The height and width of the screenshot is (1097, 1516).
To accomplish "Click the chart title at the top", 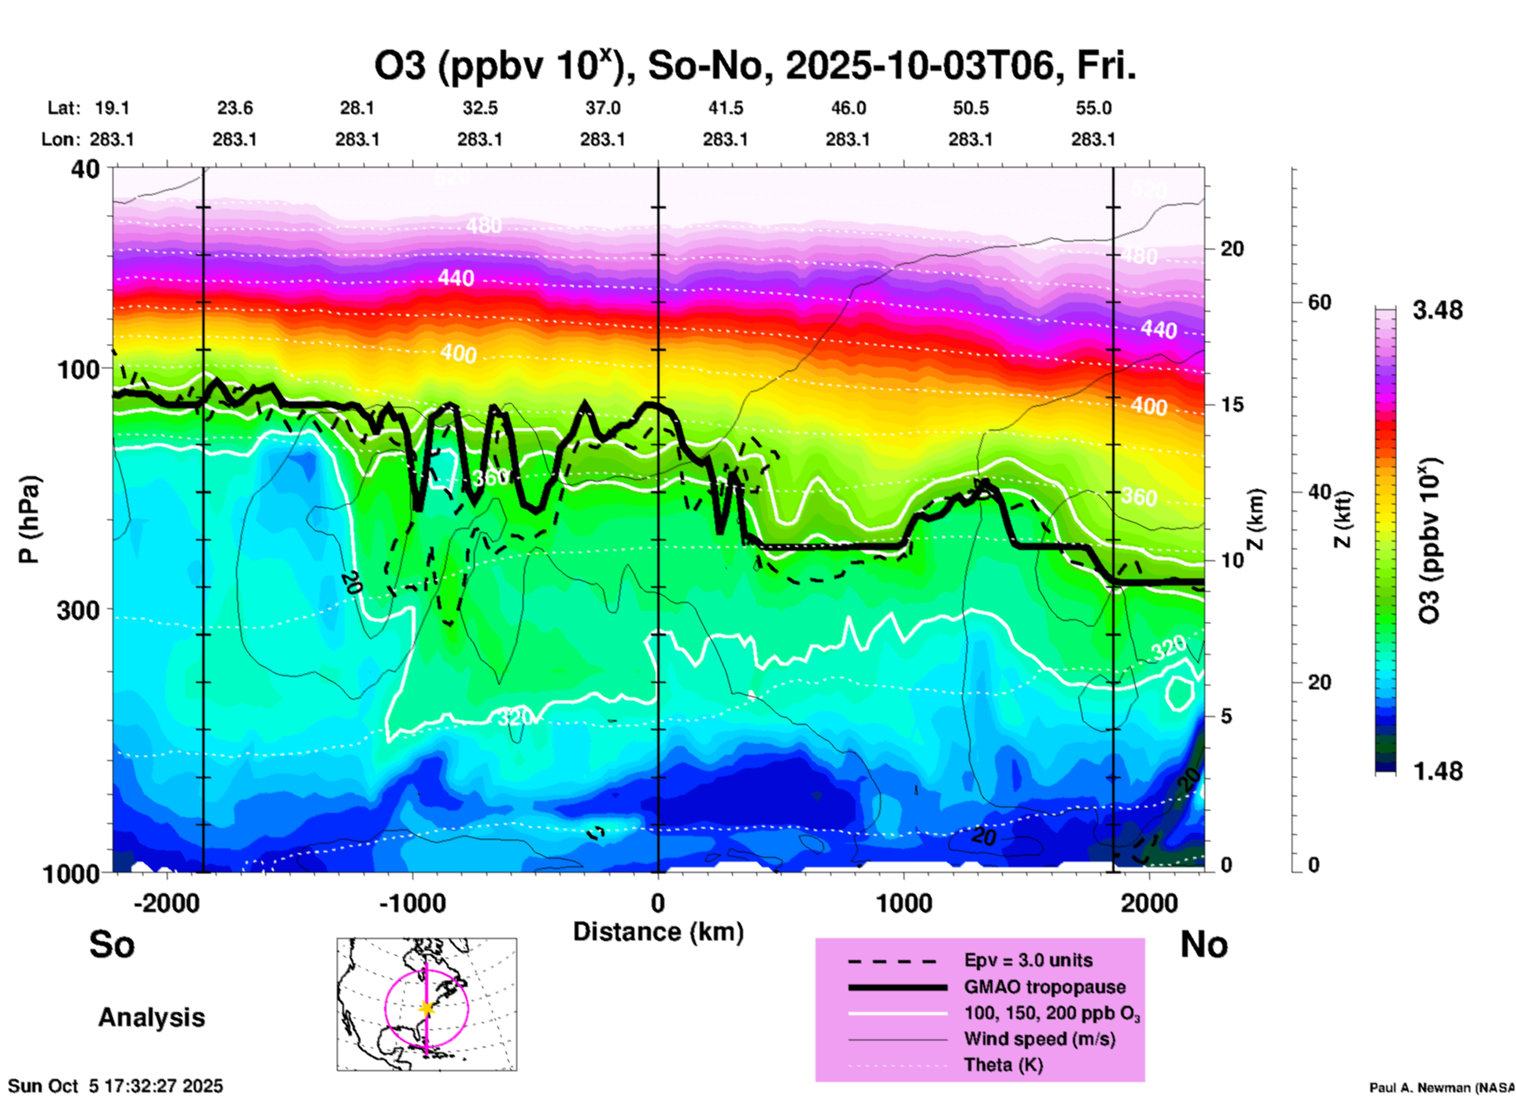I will click(x=754, y=66).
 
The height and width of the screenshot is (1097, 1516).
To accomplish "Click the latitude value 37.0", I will click(x=603, y=108).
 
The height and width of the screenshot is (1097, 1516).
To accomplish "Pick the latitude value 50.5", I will click(x=971, y=108).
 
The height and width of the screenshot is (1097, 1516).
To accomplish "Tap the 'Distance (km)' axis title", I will click(x=658, y=932).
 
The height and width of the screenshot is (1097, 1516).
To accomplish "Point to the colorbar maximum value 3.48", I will click(x=1437, y=311).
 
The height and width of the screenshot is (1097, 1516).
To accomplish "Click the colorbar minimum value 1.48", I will click(x=1437, y=770).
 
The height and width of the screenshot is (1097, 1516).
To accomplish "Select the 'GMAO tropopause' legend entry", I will click(x=1045, y=987).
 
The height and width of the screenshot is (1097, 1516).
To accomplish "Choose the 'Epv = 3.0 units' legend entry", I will click(x=1028, y=961).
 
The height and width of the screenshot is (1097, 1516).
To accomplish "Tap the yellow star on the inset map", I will click(x=426, y=1008).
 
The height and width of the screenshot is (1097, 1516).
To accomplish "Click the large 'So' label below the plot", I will click(x=112, y=944).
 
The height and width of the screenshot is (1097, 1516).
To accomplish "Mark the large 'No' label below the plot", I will click(x=1204, y=944).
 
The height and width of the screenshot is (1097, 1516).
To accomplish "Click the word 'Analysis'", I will click(x=151, y=1018).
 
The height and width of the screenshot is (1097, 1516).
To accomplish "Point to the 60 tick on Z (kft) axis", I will click(x=1319, y=302).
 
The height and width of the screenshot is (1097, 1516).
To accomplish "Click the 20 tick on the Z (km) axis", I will click(x=1232, y=249).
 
